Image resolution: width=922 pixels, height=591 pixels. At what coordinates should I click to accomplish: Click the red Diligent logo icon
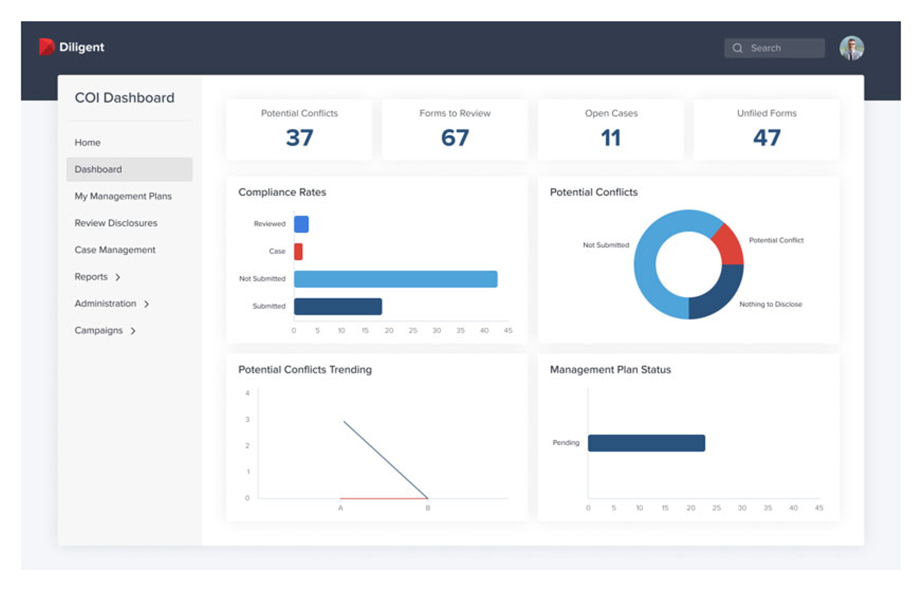pyautogui.click(x=46, y=47)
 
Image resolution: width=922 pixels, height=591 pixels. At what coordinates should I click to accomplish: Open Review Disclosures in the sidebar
pyautogui.click(x=116, y=223)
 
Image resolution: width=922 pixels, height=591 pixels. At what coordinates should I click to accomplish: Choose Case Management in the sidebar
pyautogui.click(x=115, y=250)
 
